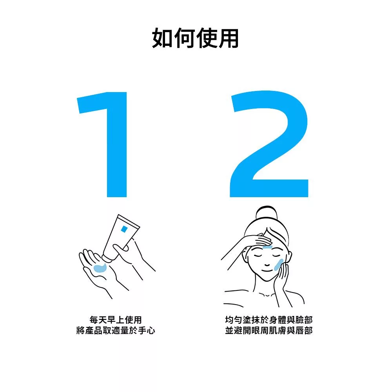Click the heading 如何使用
coord(195,38)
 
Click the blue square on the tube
coord(124,229)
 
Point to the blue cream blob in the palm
coord(100,267)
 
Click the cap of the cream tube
coord(107,258)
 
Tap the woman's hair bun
coord(266,215)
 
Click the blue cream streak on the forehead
coord(267,247)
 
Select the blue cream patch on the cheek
coord(278,265)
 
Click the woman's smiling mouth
coord(267,270)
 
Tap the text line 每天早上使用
coord(116,320)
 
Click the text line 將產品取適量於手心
coord(116,330)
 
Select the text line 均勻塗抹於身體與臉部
coord(269,320)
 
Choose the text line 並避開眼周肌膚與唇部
coord(269,330)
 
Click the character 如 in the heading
coord(163,38)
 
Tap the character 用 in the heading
coord(228,38)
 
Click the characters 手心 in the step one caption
coord(147,330)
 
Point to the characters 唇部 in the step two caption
coord(304,330)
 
